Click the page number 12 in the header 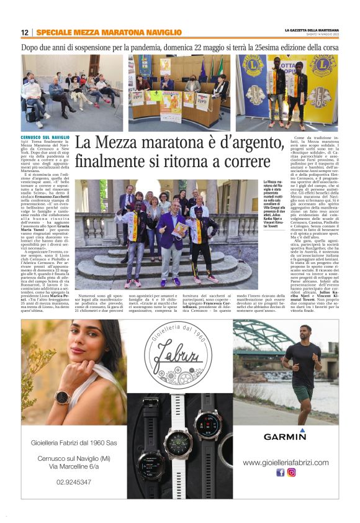coord(25,32)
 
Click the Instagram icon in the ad coord(291,472)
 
